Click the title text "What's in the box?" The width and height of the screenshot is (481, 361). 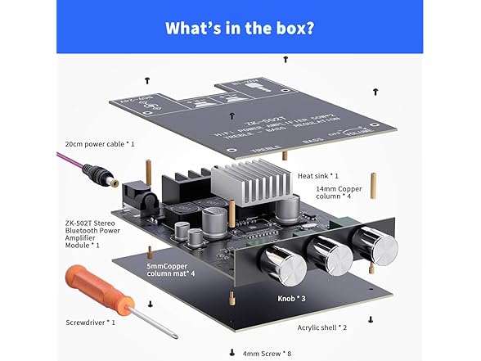click(x=240, y=27)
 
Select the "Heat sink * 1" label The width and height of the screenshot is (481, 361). click(x=318, y=175)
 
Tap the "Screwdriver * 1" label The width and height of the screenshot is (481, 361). click(x=92, y=322)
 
